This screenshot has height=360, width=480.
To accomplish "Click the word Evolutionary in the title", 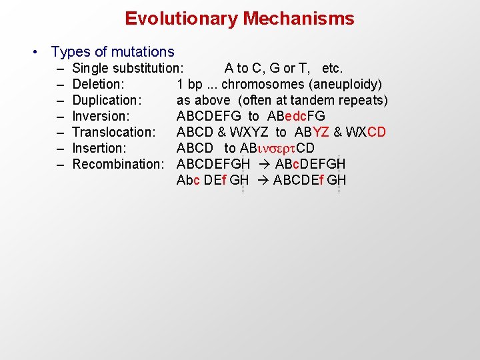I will (x=181, y=19).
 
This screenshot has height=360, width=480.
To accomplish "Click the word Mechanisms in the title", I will (x=299, y=19).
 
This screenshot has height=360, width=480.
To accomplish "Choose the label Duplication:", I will (x=107, y=100).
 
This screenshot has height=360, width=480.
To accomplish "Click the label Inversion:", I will (x=101, y=116).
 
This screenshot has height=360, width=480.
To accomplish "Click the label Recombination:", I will (x=118, y=164).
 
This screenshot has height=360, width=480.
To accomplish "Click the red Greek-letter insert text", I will (x=276, y=148).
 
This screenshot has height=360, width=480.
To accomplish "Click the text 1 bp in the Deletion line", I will (x=189, y=84).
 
